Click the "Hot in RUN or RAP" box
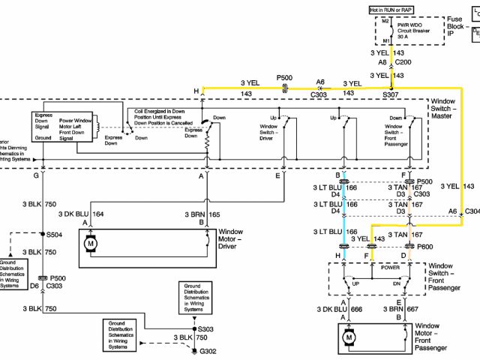[x=391, y=9]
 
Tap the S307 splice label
[x=391, y=95]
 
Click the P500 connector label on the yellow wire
[x=285, y=77]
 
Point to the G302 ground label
[x=208, y=350]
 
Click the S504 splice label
[x=53, y=234]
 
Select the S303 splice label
[x=206, y=328]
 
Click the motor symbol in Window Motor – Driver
[x=92, y=244]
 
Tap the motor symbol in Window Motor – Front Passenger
[x=348, y=338]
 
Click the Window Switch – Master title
[x=448, y=106]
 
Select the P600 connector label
[x=424, y=247]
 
